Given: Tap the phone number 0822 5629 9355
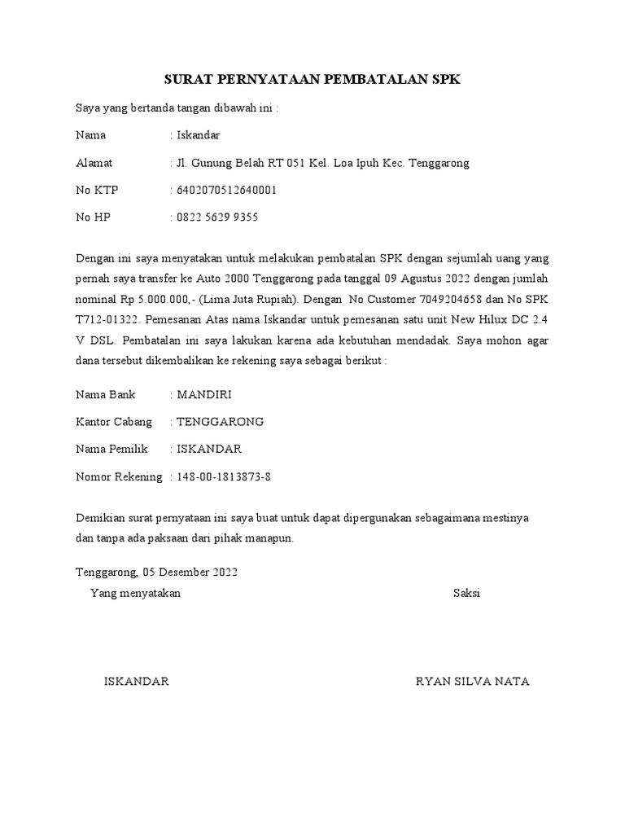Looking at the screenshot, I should coord(217,217).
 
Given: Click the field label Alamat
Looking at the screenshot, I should coord(94,163).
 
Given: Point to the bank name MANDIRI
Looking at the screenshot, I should coord(204,395).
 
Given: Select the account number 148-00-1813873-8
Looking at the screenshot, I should coord(225,476).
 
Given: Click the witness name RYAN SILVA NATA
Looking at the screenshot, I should coord(472,682).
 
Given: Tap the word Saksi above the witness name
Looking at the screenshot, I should coord(466,593).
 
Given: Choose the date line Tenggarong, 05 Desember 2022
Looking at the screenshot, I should coord(156,573).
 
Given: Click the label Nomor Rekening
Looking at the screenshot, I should coord(119,476).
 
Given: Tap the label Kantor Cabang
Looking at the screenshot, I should coord(114,422).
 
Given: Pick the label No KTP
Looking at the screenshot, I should coord(97,191).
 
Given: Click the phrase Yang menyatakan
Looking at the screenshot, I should coord(135,593).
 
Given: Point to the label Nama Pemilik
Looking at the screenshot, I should coord(112,449).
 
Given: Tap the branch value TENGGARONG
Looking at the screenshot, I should coord(220,422).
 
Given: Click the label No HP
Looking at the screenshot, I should coord(94,217).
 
